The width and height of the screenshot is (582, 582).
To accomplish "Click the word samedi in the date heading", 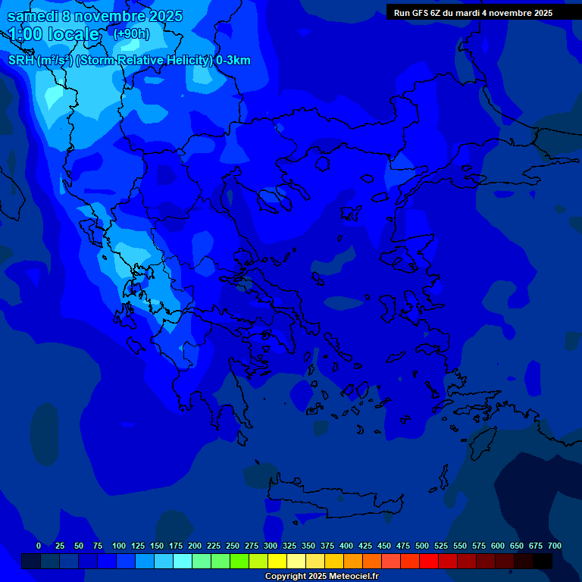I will (x=34, y=16).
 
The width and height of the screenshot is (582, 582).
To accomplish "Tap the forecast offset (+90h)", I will (x=131, y=34).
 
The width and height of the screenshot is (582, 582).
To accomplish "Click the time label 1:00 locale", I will (x=54, y=35).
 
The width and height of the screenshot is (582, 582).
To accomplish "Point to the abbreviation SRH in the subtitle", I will (x=21, y=61).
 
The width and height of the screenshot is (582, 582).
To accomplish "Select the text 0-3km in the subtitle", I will (x=233, y=61).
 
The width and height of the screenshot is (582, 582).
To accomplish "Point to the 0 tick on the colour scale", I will (x=39, y=546).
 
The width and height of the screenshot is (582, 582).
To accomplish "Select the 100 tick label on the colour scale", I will (x=119, y=546).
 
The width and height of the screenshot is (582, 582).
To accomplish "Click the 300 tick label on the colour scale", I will (x=271, y=546).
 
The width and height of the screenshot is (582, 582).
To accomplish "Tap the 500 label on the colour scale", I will (x=422, y=546).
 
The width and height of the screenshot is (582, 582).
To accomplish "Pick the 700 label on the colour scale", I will (x=555, y=546).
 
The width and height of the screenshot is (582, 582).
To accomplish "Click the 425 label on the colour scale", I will (x=365, y=546).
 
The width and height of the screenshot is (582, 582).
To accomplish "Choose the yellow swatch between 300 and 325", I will (x=277, y=562).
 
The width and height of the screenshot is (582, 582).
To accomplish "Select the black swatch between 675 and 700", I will (x=543, y=562).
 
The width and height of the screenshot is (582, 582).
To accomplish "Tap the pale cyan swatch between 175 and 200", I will (x=183, y=562).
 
